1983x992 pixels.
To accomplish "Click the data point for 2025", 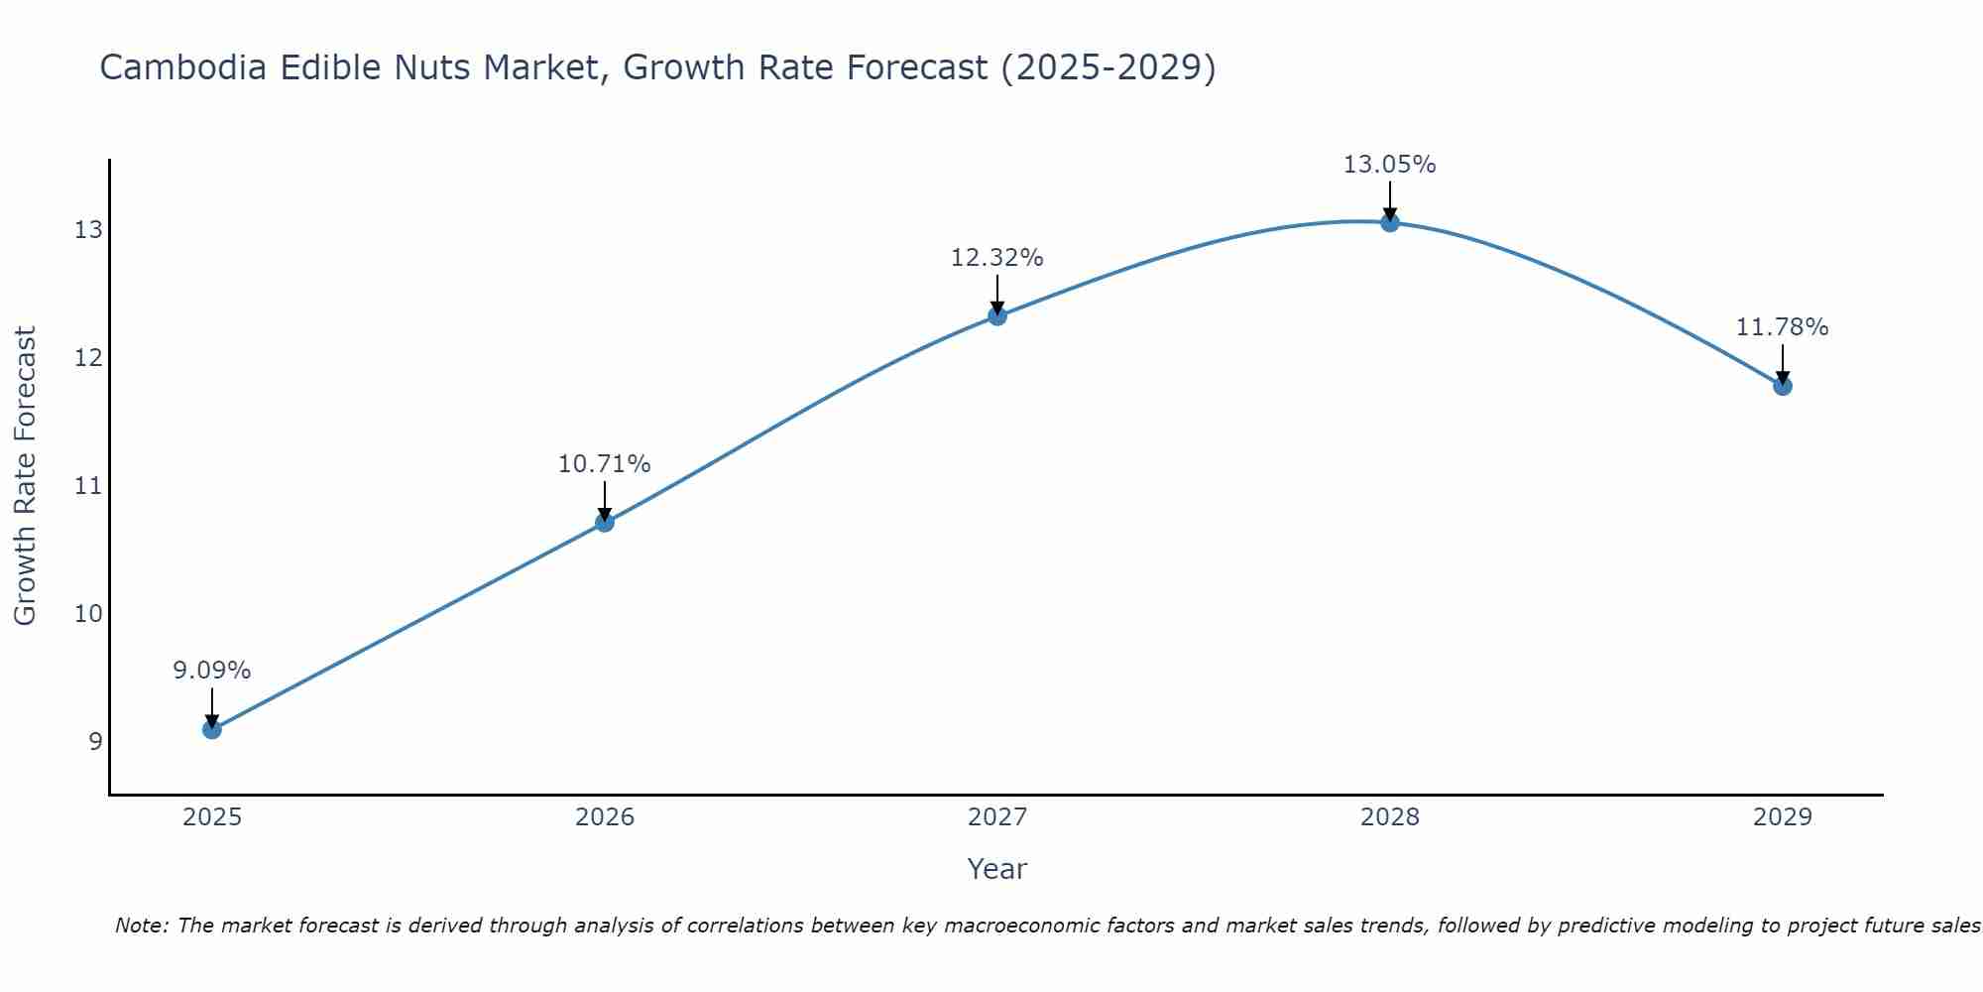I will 211,729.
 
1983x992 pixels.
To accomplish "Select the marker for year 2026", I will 605,522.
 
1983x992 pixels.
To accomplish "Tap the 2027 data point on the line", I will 997,315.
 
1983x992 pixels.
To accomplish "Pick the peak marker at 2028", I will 1390,222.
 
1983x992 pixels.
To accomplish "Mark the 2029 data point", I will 1783,385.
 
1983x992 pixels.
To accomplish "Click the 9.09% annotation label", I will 211,671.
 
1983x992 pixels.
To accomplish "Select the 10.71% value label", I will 604,464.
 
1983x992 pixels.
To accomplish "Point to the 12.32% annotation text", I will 996,258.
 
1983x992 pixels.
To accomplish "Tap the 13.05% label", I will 1389,165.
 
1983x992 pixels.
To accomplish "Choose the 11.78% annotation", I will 1782,327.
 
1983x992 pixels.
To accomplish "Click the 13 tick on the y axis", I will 88,230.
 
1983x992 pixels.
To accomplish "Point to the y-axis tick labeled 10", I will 88,613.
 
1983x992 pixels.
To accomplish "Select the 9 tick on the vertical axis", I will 95,741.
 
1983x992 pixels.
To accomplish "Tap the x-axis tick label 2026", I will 605,817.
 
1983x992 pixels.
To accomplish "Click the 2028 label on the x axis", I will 1390,817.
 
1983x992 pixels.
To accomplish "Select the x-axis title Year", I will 996,869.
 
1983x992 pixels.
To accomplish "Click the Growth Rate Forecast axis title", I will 25,476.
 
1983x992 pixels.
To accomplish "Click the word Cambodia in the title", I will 183,67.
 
